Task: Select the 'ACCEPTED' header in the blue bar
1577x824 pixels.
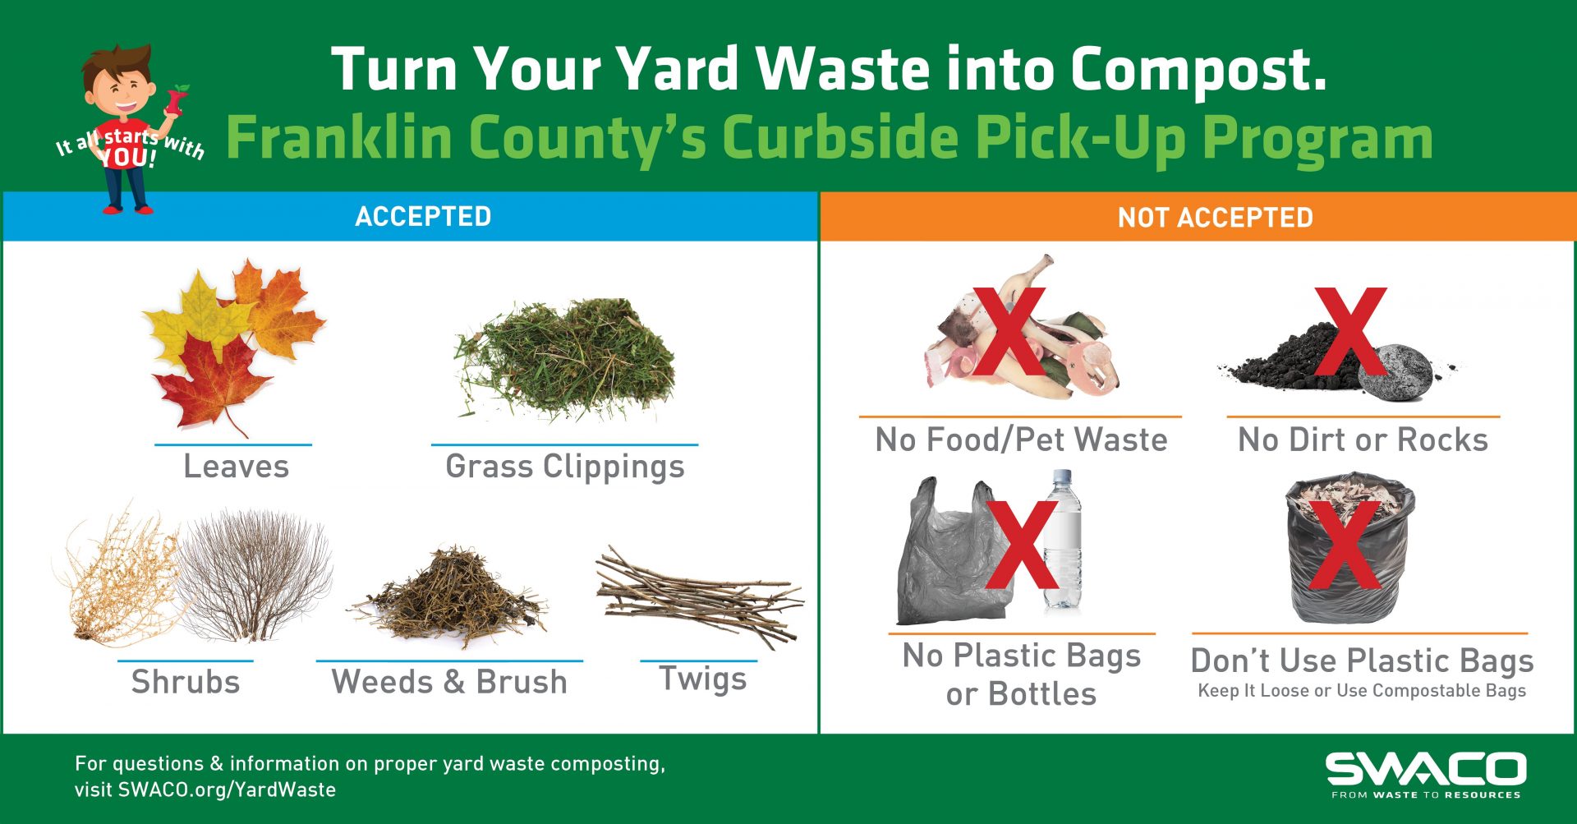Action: pos(423,216)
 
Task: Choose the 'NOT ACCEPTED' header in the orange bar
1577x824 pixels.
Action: pos(1215,218)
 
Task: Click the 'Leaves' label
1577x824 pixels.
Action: pos(236,466)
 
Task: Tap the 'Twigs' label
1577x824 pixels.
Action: pos(703,679)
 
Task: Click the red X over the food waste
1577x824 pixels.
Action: pos(1010,333)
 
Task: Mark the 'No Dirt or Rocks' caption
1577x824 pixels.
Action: pos(1363,440)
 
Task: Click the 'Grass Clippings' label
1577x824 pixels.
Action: pos(564,467)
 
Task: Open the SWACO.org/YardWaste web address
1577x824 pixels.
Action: pos(227,790)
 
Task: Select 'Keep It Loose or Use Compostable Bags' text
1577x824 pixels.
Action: pos(1361,691)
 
